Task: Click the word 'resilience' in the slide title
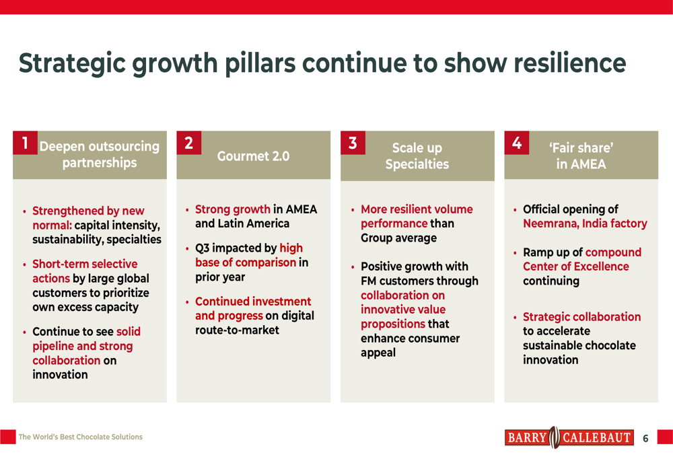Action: [x=569, y=63]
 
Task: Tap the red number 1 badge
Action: [x=25, y=142]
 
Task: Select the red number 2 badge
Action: [x=188, y=142]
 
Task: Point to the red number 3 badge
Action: [x=353, y=143]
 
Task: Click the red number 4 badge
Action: [x=516, y=143]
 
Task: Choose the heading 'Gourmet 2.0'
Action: [x=253, y=156]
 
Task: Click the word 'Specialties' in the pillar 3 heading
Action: [x=417, y=164]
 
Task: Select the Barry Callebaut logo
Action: [x=569, y=438]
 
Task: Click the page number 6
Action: [x=645, y=439]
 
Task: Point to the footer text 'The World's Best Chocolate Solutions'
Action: [x=81, y=437]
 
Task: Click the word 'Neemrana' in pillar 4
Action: [x=551, y=223]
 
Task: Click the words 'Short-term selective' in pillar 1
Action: [x=85, y=264]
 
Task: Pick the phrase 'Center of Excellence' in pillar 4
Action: [x=575, y=267]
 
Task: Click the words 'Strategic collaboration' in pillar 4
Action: [x=581, y=316]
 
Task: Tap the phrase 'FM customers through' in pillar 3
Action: [x=419, y=281]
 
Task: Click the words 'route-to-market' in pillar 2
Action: [x=237, y=330]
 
